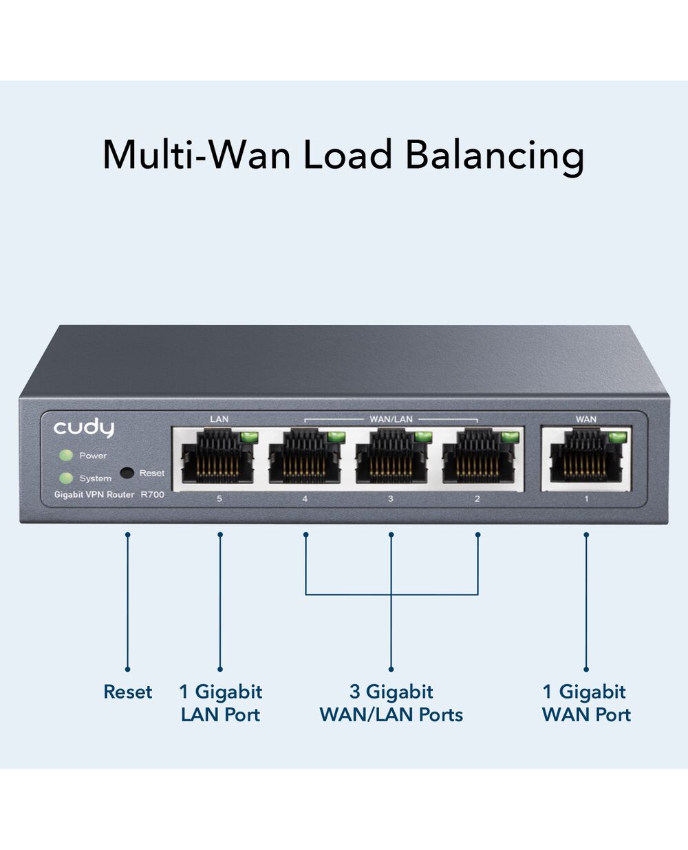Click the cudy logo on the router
coord(84,428)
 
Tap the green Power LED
coord(66,456)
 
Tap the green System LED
coord(66,478)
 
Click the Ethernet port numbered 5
coord(218,457)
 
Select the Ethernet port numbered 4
coord(305,457)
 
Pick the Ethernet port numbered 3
coord(391,457)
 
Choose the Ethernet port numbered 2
coord(479,457)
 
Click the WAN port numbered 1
coord(586,457)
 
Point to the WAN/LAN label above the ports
coord(391,419)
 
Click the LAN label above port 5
coord(219,419)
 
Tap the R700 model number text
coord(152,494)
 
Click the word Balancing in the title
coord(495,156)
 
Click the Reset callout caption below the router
coord(128,692)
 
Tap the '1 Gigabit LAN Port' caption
coord(221,703)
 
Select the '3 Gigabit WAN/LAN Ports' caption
coord(391,703)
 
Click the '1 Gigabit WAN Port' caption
coord(586,703)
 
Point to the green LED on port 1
coord(618,437)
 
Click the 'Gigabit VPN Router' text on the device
coord(94,494)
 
